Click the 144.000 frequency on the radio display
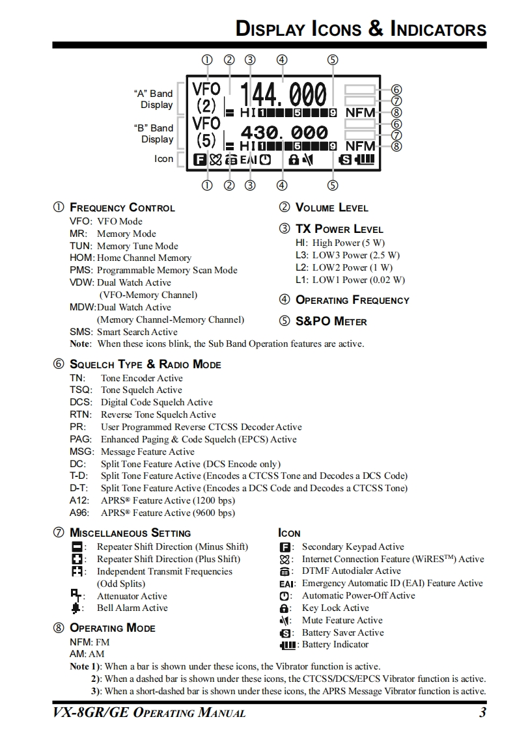(x=283, y=95)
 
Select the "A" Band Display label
(x=153, y=99)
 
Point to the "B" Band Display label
(x=153, y=133)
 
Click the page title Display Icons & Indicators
(x=361, y=29)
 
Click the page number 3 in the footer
(x=482, y=712)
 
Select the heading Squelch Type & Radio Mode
(x=145, y=364)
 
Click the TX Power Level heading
(x=339, y=229)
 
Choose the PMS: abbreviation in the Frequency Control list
(x=82, y=270)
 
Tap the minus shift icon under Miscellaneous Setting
(x=77, y=547)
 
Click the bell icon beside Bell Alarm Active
(x=77, y=608)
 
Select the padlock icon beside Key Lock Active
(x=284, y=608)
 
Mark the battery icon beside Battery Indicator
(x=287, y=645)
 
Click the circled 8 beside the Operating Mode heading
(x=59, y=628)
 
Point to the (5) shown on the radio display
(x=206, y=141)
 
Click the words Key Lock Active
(x=335, y=608)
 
